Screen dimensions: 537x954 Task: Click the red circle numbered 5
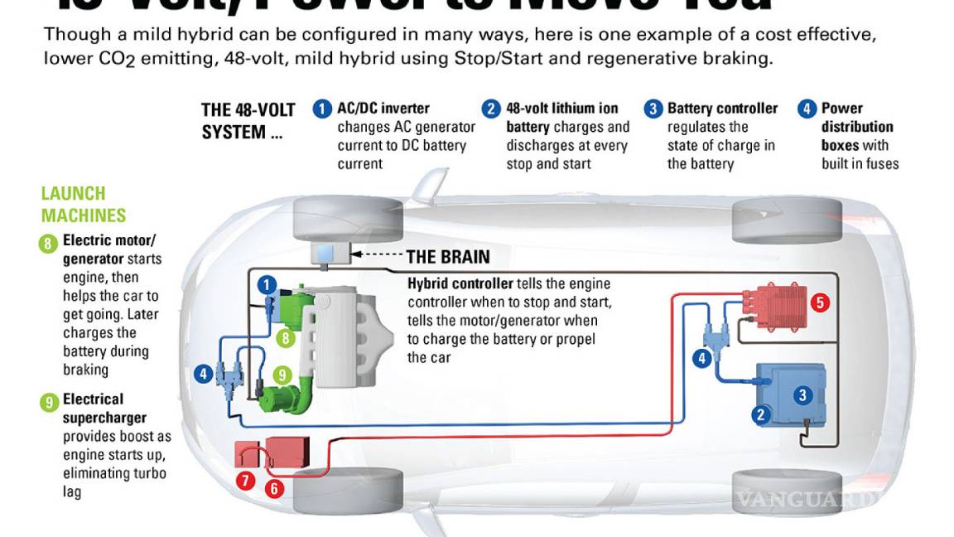tap(820, 302)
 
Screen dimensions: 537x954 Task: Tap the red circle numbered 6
tap(274, 489)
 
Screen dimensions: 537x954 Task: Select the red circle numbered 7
tap(245, 480)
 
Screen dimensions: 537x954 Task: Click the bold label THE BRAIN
tap(448, 256)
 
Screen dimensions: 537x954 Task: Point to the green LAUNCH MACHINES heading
tap(84, 205)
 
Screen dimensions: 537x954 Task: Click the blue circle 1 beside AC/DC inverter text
tap(322, 109)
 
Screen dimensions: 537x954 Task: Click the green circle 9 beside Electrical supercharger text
tap(49, 403)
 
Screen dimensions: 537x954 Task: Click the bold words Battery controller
tap(722, 109)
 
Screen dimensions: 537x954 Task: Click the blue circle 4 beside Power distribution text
tap(807, 109)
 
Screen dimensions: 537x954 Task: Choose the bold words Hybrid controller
tap(460, 283)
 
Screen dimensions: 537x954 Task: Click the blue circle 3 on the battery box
tap(802, 395)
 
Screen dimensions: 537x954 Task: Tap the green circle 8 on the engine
tap(287, 337)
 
